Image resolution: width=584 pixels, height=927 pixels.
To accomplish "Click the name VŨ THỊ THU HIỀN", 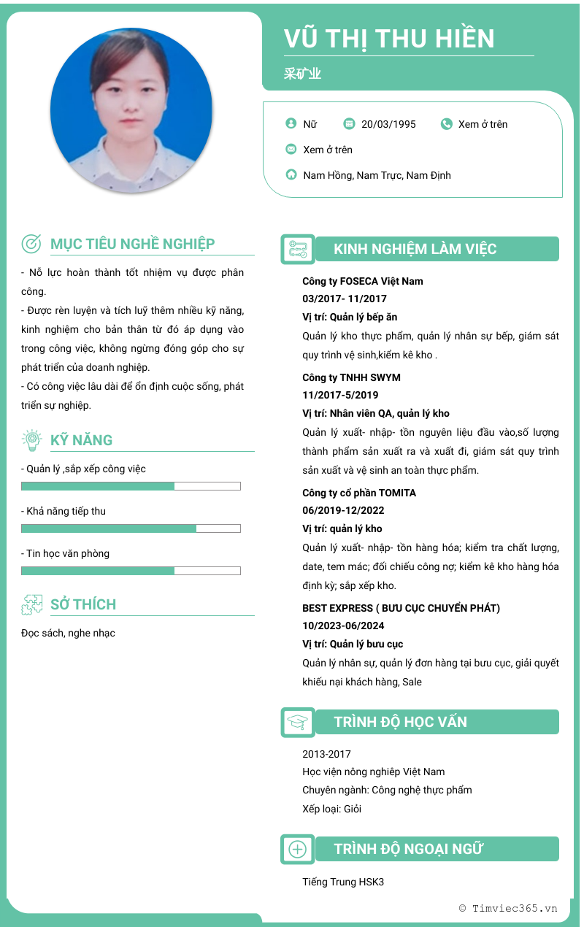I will [389, 38].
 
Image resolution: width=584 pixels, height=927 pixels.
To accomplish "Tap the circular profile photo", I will [131, 111].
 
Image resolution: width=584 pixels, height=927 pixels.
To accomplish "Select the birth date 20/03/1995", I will [388, 124].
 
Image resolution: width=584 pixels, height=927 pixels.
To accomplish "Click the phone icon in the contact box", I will [447, 124].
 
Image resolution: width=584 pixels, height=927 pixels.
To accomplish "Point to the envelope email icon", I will [291, 150].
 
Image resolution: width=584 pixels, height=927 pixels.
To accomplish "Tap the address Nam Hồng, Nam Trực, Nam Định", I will [377, 175].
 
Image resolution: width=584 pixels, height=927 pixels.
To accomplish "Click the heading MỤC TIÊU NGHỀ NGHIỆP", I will [132, 244].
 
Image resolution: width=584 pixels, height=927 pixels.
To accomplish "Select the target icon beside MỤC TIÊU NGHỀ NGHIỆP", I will [31, 244].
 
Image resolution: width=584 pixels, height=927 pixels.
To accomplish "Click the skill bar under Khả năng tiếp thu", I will [131, 528].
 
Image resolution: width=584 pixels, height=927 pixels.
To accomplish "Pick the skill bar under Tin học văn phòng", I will [131, 571].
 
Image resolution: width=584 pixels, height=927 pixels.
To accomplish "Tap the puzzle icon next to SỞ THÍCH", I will [31, 604].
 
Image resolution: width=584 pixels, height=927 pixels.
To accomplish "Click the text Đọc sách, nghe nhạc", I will [68, 633].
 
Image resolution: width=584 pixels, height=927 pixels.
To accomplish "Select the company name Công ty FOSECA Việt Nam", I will [363, 281].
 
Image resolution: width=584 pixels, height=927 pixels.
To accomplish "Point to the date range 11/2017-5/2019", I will [340, 395].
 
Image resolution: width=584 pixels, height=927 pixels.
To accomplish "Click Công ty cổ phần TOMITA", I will [359, 493].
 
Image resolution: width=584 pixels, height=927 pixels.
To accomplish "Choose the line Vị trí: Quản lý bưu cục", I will [353, 644].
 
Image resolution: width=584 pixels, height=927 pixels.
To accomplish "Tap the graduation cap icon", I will [297, 722].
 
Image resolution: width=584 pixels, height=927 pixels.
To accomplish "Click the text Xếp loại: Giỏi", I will [331, 809].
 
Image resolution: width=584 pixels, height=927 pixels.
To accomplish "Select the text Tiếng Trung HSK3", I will [343, 882].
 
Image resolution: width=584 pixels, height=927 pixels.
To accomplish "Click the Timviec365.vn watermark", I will [508, 908].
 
